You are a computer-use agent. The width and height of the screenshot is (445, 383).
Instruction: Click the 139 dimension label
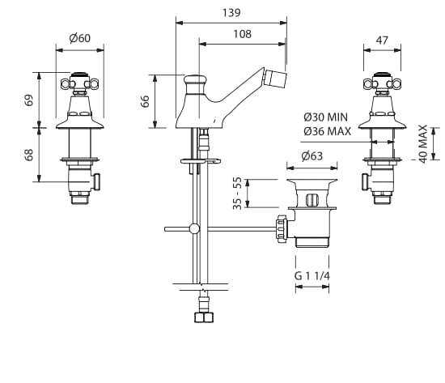click(x=231, y=13)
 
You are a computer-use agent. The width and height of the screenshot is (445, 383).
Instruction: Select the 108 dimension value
click(x=243, y=34)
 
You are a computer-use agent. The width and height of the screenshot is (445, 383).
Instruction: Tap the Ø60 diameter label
click(x=80, y=38)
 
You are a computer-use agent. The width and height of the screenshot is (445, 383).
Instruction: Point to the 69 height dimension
click(x=29, y=100)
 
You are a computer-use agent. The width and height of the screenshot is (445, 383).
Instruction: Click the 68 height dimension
click(x=29, y=155)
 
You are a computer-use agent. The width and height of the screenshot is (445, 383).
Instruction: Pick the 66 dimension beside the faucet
click(x=145, y=101)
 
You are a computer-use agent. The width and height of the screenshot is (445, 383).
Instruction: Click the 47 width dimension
click(x=382, y=40)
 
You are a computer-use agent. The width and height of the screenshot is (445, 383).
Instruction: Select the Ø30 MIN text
click(x=325, y=117)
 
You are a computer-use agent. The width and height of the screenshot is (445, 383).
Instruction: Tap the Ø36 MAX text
click(x=327, y=131)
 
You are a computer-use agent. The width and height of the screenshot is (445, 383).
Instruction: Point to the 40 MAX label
click(x=423, y=144)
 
